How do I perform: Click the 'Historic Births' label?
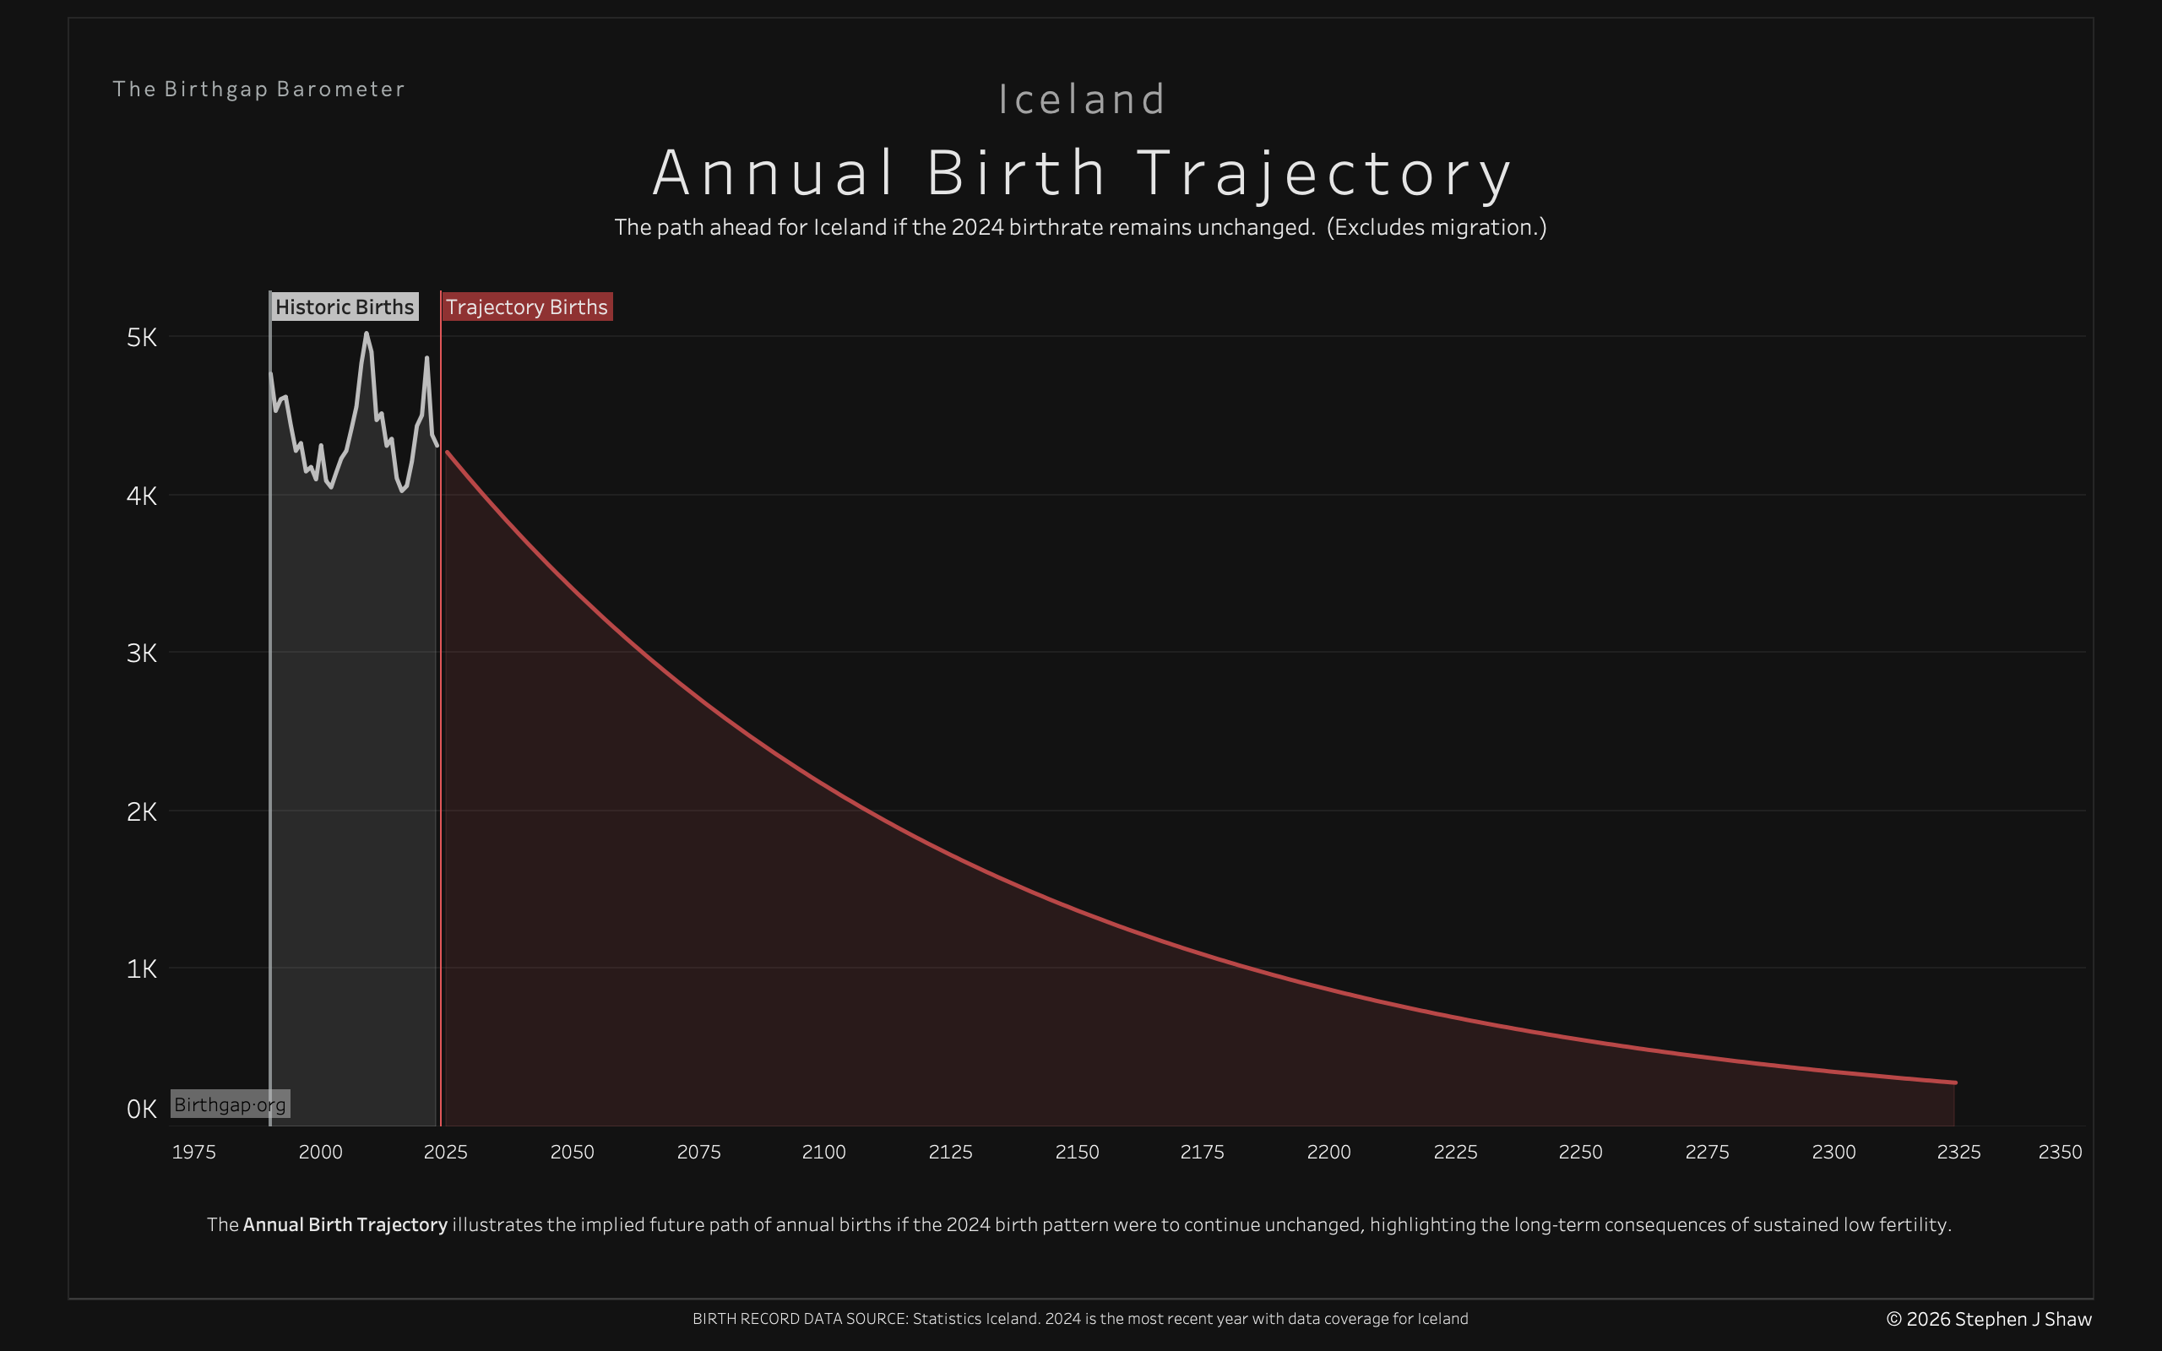(344, 307)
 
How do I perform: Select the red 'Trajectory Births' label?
(526, 307)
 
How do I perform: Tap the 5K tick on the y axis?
(141, 338)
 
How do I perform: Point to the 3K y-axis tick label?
(141, 654)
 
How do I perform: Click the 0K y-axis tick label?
(141, 1109)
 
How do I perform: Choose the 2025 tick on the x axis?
(445, 1152)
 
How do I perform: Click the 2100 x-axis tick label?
(823, 1152)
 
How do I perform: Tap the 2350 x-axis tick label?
(2059, 1152)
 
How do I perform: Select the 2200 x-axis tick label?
(1328, 1152)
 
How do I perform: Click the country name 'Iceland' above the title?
(1081, 99)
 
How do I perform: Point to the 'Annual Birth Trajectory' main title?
(1081, 172)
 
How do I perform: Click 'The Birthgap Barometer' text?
(258, 90)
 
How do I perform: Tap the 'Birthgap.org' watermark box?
(230, 1104)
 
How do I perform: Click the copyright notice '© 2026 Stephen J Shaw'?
(1989, 1319)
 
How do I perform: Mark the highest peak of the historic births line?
(367, 334)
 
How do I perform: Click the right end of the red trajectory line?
(1955, 1082)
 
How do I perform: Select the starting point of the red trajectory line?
(447, 452)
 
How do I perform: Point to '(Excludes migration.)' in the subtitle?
(1436, 227)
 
